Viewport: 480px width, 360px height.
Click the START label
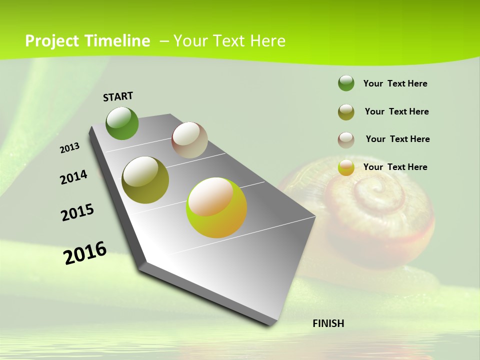pyautogui.click(x=118, y=96)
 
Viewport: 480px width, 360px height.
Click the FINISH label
pyautogui.click(x=328, y=323)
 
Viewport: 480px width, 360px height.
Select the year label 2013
pyautogui.click(x=70, y=148)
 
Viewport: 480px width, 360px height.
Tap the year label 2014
pyautogui.click(x=73, y=177)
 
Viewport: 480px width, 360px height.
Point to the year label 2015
pyautogui.click(x=77, y=212)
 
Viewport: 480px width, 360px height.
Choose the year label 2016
pyautogui.click(x=85, y=253)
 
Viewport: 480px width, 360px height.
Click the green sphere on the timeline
pyautogui.click(x=122, y=123)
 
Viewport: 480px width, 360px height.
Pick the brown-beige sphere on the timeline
pyautogui.click(x=189, y=140)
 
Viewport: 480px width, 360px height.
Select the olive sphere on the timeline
pyautogui.click(x=145, y=180)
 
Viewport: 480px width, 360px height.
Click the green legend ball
pyautogui.click(x=346, y=83)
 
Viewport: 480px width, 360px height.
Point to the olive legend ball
pyautogui.click(x=346, y=112)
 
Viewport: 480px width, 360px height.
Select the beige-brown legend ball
pyautogui.click(x=346, y=140)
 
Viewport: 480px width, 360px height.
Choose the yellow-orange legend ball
pyautogui.click(x=346, y=167)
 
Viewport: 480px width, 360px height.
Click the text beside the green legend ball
pyautogui.click(x=395, y=83)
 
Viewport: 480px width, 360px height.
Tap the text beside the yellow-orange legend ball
pyautogui.click(x=395, y=167)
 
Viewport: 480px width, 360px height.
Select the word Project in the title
pyautogui.click(x=53, y=41)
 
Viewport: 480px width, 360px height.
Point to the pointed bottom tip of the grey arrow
pyautogui.click(x=272, y=325)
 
